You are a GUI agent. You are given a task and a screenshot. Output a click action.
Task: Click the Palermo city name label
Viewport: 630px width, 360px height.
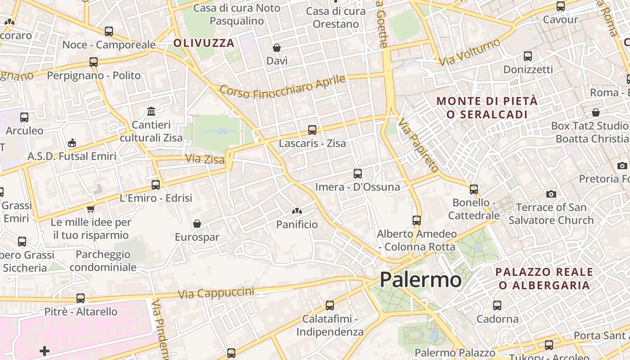tap(420, 280)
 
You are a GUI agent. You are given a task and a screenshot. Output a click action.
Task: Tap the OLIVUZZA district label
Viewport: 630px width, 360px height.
tap(204, 43)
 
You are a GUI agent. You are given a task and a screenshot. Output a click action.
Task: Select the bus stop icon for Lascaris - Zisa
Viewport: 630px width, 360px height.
tap(312, 130)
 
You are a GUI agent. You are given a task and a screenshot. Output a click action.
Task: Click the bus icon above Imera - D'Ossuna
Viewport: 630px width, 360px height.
tap(358, 173)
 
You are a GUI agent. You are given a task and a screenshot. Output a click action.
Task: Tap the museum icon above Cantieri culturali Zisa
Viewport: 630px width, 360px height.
tap(151, 111)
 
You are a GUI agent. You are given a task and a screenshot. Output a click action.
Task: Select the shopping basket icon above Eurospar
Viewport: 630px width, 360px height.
tap(197, 224)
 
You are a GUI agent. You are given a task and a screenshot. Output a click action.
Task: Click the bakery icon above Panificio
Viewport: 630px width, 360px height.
tap(297, 211)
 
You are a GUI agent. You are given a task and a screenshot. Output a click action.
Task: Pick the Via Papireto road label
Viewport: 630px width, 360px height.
tap(418, 145)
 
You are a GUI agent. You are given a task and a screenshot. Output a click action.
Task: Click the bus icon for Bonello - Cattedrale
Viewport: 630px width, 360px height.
tap(474, 189)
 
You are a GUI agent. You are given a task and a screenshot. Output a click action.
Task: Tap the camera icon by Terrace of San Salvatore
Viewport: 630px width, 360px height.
tap(551, 194)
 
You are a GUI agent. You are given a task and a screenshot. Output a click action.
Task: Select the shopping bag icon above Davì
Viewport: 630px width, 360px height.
tap(277, 47)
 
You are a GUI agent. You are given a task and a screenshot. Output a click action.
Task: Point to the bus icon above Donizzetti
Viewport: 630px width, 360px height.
tap(528, 56)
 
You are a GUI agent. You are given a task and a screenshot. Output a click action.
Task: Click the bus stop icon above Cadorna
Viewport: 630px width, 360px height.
tap(497, 306)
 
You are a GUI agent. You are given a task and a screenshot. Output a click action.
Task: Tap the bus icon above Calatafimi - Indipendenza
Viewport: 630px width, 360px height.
tap(330, 306)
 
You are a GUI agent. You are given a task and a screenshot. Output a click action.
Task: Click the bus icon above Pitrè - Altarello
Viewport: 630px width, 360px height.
tap(81, 298)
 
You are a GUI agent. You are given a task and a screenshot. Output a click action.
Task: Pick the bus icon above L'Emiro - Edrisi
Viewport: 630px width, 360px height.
tap(156, 184)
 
